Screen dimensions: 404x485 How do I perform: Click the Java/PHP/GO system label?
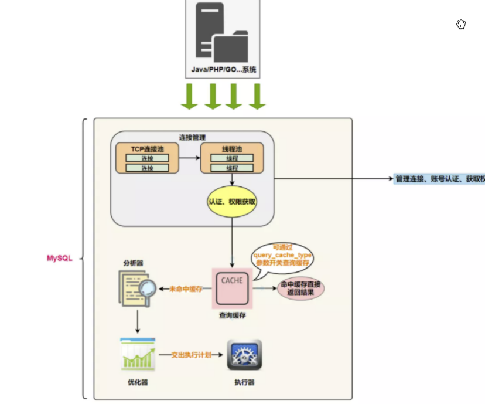tap(224, 69)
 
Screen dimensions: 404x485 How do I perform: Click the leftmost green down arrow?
tap(189, 96)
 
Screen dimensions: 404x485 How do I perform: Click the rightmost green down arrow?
tap(257, 96)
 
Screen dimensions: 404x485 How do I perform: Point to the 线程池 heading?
tap(231, 149)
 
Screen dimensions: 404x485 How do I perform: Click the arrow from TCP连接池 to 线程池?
tap(189, 158)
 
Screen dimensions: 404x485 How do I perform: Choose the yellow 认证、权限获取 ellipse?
tap(232, 201)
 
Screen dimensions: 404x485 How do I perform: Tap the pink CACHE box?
tap(231, 287)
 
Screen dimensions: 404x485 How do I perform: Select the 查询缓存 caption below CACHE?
tap(232, 315)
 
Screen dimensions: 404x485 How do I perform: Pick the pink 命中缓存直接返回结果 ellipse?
tap(300, 288)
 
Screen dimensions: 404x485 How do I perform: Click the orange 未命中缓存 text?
tap(185, 289)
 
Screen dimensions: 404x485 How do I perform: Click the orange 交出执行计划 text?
tap(191, 355)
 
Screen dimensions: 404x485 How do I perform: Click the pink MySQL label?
tap(60, 258)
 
